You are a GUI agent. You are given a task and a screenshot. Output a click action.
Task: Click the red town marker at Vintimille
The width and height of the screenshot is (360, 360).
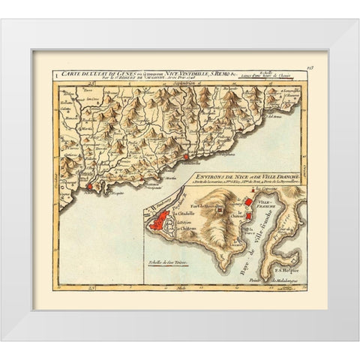click(x=185, y=156)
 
